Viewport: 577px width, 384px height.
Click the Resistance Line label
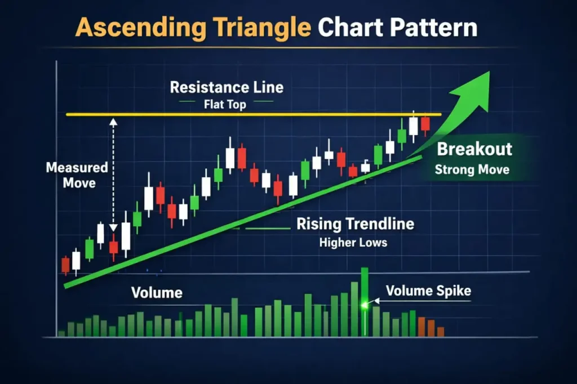click(227, 88)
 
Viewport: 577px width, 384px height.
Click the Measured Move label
click(77, 175)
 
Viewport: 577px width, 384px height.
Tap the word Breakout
click(474, 149)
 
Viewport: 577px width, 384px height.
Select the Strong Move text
click(472, 169)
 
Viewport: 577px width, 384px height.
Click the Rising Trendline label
click(355, 224)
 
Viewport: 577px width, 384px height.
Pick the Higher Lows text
click(353, 243)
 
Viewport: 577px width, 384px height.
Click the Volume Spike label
click(428, 291)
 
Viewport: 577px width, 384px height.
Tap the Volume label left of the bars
click(156, 293)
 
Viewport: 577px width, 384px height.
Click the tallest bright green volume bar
click(365, 301)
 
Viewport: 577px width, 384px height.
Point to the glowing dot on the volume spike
click(365, 305)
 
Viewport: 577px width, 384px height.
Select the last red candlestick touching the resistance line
click(425, 124)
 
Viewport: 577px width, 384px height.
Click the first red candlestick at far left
click(65, 264)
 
